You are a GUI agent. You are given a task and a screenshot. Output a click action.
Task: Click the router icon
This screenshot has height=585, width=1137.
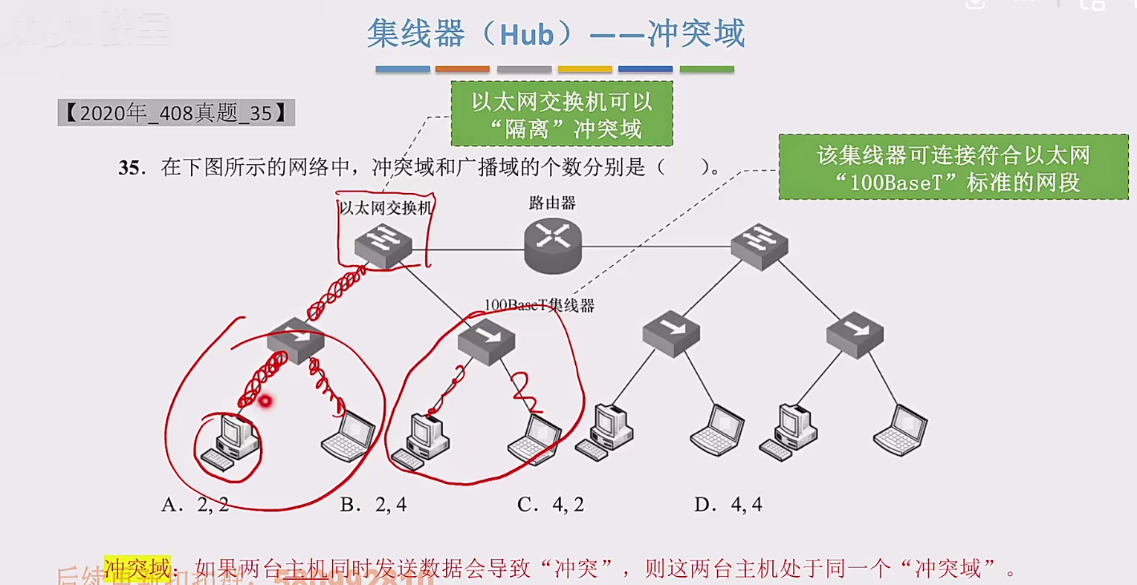[552, 245]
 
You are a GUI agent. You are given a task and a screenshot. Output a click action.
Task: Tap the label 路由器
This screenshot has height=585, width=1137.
[552, 203]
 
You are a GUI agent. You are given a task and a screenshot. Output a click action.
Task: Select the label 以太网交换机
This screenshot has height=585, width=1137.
[385, 208]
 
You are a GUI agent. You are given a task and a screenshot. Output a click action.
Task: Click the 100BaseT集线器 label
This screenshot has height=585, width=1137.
[539, 305]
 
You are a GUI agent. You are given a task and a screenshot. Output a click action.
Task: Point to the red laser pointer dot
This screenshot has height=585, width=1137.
[265, 402]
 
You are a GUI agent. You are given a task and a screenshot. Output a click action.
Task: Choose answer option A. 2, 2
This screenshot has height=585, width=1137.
[195, 505]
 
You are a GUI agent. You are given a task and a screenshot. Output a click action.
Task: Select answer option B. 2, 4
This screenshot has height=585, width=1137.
[373, 505]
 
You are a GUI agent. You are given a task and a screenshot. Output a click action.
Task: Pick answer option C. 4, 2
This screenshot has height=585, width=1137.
[551, 505]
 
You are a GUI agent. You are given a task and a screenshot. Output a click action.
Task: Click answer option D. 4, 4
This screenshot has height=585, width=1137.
[728, 505]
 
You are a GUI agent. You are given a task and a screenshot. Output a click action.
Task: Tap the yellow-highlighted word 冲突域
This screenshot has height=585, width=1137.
[137, 569]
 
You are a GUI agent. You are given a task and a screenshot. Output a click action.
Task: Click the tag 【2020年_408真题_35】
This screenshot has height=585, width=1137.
[176, 113]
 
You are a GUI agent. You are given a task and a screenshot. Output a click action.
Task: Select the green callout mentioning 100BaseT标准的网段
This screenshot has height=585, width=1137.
[953, 167]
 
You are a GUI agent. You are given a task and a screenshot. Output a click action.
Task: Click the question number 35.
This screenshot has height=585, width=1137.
[129, 168]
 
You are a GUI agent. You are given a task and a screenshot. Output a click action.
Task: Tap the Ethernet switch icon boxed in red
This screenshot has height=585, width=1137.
[383, 245]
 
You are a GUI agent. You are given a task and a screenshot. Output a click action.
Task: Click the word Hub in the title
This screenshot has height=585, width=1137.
[526, 35]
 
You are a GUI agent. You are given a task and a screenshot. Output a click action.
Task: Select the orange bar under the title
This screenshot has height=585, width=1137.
[462, 69]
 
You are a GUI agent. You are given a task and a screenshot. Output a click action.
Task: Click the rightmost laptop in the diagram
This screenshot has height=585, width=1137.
[901, 431]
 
